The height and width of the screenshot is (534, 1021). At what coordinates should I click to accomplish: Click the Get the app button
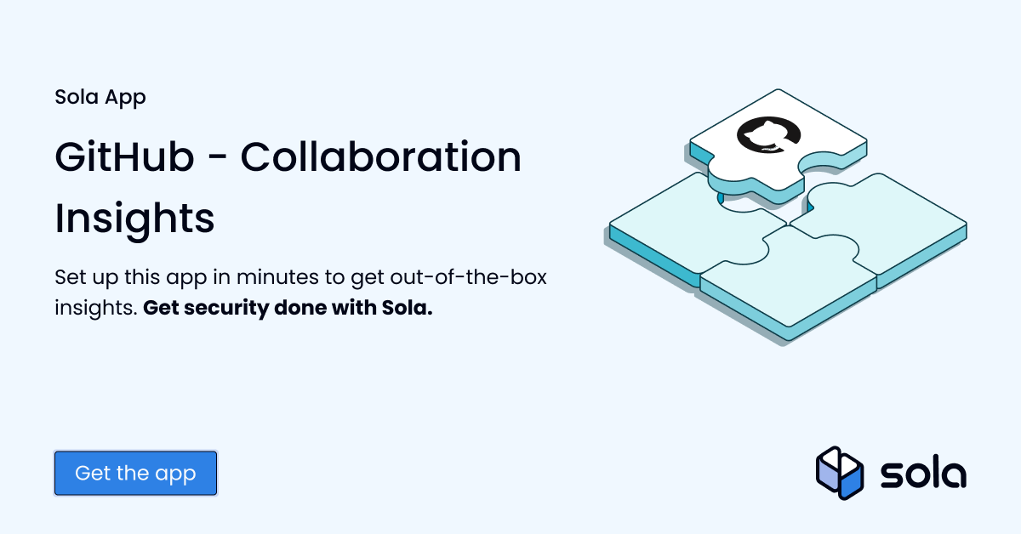click(x=135, y=473)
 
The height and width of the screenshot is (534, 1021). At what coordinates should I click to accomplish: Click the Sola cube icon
click(x=840, y=473)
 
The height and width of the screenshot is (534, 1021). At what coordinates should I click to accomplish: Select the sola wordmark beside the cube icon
click(x=923, y=474)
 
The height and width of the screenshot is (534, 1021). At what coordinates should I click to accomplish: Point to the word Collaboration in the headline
click(x=380, y=158)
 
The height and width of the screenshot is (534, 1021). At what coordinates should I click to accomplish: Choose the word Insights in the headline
click(x=134, y=219)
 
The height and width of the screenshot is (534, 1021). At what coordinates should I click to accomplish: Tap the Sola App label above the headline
click(x=100, y=97)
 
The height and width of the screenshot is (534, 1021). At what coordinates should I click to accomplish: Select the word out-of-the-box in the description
click(x=476, y=278)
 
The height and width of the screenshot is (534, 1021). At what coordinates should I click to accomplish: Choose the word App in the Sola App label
click(x=125, y=98)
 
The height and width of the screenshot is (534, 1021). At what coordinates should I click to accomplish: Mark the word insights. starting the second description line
click(x=95, y=308)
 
